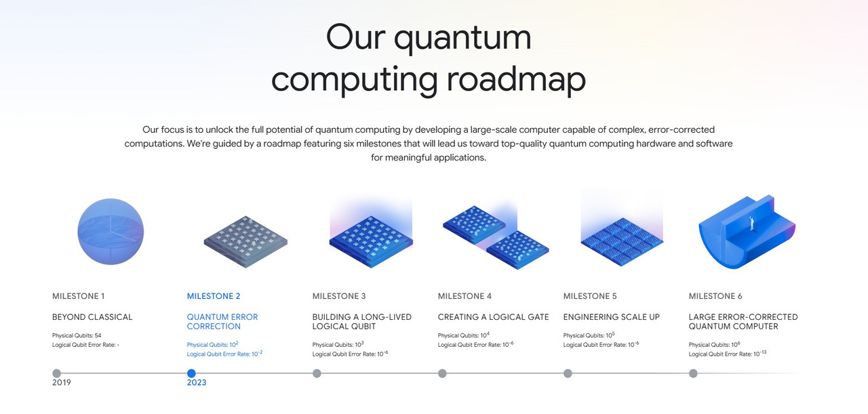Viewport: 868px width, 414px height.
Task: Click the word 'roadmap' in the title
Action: [x=516, y=79]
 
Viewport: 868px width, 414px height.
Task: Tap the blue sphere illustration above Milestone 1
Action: [x=111, y=232]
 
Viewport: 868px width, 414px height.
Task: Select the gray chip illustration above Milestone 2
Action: [x=245, y=242]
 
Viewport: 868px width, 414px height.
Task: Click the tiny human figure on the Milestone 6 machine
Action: [x=751, y=224]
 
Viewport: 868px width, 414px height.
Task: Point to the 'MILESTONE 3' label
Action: [x=338, y=296]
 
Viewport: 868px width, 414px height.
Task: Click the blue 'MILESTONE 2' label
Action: [x=214, y=296]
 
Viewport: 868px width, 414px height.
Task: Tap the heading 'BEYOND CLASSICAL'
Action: [x=92, y=317]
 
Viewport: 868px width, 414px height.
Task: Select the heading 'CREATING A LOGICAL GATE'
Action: [x=493, y=317]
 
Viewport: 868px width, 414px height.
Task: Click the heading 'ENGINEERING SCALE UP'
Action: [x=612, y=317]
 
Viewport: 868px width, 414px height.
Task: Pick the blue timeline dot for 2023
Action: [x=191, y=373]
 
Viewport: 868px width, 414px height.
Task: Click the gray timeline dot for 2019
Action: [x=56, y=373]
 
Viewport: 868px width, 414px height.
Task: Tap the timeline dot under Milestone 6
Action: [x=693, y=373]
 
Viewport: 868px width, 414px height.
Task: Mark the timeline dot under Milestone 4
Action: [x=442, y=373]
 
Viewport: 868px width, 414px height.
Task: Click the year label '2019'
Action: [x=62, y=383]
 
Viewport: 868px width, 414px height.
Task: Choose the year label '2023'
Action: [x=197, y=383]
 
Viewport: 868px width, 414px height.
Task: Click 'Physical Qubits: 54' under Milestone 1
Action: [x=77, y=335]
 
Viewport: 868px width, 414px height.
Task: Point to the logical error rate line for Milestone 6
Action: [x=728, y=354]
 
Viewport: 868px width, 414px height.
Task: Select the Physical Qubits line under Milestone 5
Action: [x=589, y=335]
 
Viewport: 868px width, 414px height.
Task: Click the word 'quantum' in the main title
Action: [x=462, y=39]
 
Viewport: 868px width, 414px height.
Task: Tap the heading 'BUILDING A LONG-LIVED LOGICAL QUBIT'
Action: [x=362, y=322]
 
